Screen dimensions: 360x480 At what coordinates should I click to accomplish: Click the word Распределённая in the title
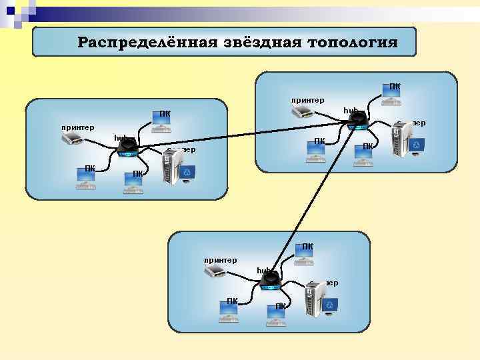[144, 43]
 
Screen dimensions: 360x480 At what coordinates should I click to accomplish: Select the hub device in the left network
[126, 147]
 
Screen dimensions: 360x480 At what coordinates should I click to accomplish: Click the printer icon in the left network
[72, 139]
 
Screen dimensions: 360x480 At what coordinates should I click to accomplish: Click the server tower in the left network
[173, 168]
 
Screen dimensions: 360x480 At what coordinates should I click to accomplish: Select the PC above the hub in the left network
[161, 123]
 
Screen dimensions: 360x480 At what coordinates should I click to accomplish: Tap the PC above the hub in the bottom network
[305, 257]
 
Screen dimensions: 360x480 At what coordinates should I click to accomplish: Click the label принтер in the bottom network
[221, 259]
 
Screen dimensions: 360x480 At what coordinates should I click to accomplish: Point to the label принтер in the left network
[77, 127]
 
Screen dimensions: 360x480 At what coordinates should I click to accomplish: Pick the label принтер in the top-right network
[307, 100]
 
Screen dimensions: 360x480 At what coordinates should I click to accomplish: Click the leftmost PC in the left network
[86, 179]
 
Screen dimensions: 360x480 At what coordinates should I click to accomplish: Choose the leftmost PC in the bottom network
[230, 311]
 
